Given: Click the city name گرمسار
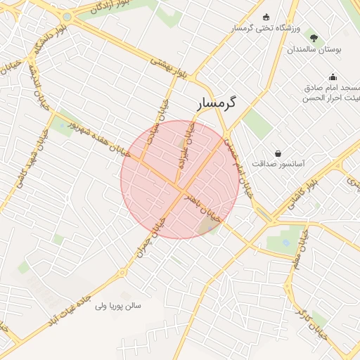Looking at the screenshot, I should (216, 102).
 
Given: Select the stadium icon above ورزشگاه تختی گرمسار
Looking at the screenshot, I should (265, 17).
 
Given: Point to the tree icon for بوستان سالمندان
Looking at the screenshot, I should (313, 39).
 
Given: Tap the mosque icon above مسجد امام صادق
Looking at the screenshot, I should (332, 77).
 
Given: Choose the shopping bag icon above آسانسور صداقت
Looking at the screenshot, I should (278, 153).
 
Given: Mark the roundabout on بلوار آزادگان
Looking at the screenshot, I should (66, 17).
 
